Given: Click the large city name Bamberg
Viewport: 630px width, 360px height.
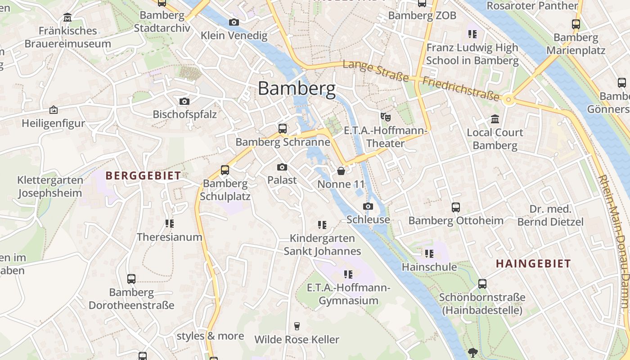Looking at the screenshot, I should click(297, 89).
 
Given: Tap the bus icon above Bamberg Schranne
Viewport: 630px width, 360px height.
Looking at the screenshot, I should click(283, 128).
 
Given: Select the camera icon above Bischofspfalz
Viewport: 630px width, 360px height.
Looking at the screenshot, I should click(184, 101).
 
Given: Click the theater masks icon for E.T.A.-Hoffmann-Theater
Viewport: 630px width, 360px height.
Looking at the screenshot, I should click(385, 117).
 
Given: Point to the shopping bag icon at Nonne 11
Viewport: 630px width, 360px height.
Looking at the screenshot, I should click(341, 171).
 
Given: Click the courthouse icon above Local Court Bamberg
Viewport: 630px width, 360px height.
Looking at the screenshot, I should click(495, 119).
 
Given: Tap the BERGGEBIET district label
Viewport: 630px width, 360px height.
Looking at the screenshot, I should click(143, 175).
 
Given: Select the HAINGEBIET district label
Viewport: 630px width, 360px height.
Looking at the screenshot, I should click(533, 264).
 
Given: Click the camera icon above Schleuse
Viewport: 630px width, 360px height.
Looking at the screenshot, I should click(368, 207).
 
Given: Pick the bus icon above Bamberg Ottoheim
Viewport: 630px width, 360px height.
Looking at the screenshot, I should click(456, 207).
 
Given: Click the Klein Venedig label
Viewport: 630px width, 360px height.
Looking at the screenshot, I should click(234, 35).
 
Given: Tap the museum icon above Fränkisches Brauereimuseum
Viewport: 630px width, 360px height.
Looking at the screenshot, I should click(67, 18).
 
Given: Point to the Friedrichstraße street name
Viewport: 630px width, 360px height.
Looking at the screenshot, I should click(461, 89).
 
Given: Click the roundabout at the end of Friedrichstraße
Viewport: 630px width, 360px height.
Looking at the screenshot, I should click(509, 99).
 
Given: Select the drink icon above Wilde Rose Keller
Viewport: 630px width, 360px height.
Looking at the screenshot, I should click(297, 326).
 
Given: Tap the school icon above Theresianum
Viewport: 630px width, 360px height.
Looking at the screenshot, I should click(169, 223).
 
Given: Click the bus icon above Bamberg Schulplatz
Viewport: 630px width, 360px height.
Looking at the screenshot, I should click(225, 170).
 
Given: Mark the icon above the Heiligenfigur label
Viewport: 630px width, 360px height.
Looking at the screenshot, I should click(54, 110).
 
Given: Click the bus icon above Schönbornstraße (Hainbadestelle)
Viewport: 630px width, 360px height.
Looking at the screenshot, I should click(482, 284).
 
